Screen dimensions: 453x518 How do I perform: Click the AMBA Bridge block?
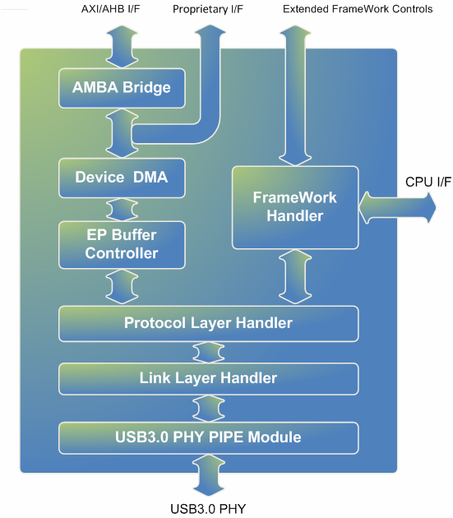click(x=122, y=88)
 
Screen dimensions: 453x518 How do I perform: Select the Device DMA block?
click(x=122, y=178)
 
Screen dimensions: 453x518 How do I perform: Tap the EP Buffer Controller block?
click(x=122, y=245)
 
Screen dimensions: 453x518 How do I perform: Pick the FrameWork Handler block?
click(x=295, y=207)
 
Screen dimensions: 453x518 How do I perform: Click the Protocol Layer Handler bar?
click(x=209, y=324)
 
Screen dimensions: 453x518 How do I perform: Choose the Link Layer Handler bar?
click(x=209, y=378)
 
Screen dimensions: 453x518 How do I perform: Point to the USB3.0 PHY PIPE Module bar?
click(x=209, y=437)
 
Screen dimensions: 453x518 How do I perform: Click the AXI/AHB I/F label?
click(x=111, y=9)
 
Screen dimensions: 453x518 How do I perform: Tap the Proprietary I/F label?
click(x=208, y=9)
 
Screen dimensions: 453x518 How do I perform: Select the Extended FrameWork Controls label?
click(x=358, y=9)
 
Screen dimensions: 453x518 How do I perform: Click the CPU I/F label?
click(x=428, y=182)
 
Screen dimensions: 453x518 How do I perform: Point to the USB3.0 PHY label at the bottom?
click(x=208, y=509)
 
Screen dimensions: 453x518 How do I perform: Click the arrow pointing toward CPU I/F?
click(x=397, y=208)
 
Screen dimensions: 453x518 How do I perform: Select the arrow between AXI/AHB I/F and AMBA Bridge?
click(x=122, y=47)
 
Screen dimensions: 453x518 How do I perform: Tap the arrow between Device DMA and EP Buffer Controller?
click(x=122, y=210)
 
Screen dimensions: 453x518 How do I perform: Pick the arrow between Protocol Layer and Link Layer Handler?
click(x=209, y=352)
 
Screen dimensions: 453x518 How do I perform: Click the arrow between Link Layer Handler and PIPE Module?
click(x=209, y=409)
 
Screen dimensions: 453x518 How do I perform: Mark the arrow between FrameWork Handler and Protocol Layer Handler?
click(x=295, y=277)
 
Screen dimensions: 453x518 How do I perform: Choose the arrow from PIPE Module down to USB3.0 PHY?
click(x=209, y=475)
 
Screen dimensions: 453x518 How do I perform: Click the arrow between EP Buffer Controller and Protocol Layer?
click(x=122, y=286)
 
